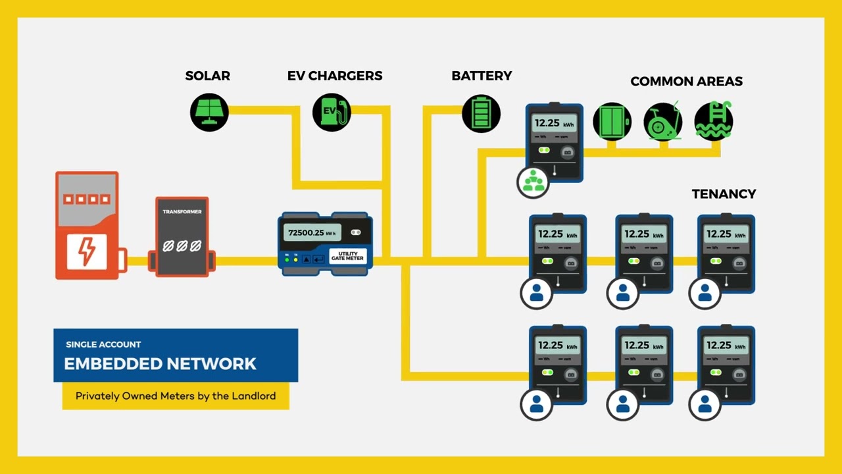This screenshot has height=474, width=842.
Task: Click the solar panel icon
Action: click(x=209, y=112)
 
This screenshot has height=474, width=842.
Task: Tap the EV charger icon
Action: click(x=332, y=112)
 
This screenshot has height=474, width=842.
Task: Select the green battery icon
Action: click(x=482, y=113)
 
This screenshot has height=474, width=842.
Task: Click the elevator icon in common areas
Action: click(x=612, y=121)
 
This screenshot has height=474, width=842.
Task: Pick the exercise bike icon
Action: click(x=663, y=121)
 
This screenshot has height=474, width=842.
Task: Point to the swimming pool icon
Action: click(x=714, y=121)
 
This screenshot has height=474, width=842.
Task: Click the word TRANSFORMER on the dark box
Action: click(x=182, y=212)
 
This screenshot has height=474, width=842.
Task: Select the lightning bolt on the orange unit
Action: click(x=87, y=251)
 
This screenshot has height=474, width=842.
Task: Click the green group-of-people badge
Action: click(x=533, y=182)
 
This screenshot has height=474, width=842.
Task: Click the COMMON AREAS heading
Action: click(x=686, y=82)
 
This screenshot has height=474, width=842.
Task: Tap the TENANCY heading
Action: click(x=724, y=194)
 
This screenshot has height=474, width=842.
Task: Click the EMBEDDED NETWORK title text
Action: click(x=160, y=363)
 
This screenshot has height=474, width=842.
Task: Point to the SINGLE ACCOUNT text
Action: click(x=103, y=344)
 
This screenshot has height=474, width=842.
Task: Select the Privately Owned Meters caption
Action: click(x=176, y=396)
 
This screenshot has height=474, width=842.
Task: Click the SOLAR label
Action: click(x=208, y=76)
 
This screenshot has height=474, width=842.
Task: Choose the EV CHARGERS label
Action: click(x=335, y=76)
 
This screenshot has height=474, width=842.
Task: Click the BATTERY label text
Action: click(x=482, y=76)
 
